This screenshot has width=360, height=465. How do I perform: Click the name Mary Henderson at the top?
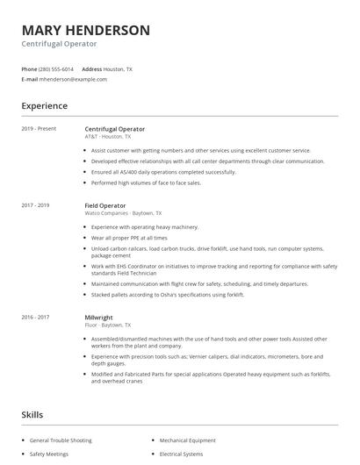[x=85, y=30]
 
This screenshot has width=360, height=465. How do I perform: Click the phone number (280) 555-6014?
[x=57, y=68]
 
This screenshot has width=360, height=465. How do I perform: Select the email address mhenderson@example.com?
[x=73, y=79]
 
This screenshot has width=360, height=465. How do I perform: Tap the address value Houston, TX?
[x=119, y=68]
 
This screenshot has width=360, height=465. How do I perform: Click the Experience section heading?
[x=45, y=106]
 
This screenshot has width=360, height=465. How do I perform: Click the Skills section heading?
[x=33, y=413]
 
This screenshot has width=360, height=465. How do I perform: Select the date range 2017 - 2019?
[x=37, y=205]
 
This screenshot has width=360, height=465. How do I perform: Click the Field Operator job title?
[x=106, y=205]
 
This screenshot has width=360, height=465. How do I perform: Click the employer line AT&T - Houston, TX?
[x=108, y=137]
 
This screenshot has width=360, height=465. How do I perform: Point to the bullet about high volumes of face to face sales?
[x=146, y=182]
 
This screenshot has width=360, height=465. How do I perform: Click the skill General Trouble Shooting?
[x=60, y=440]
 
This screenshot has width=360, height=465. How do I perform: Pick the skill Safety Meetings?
[x=50, y=454]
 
